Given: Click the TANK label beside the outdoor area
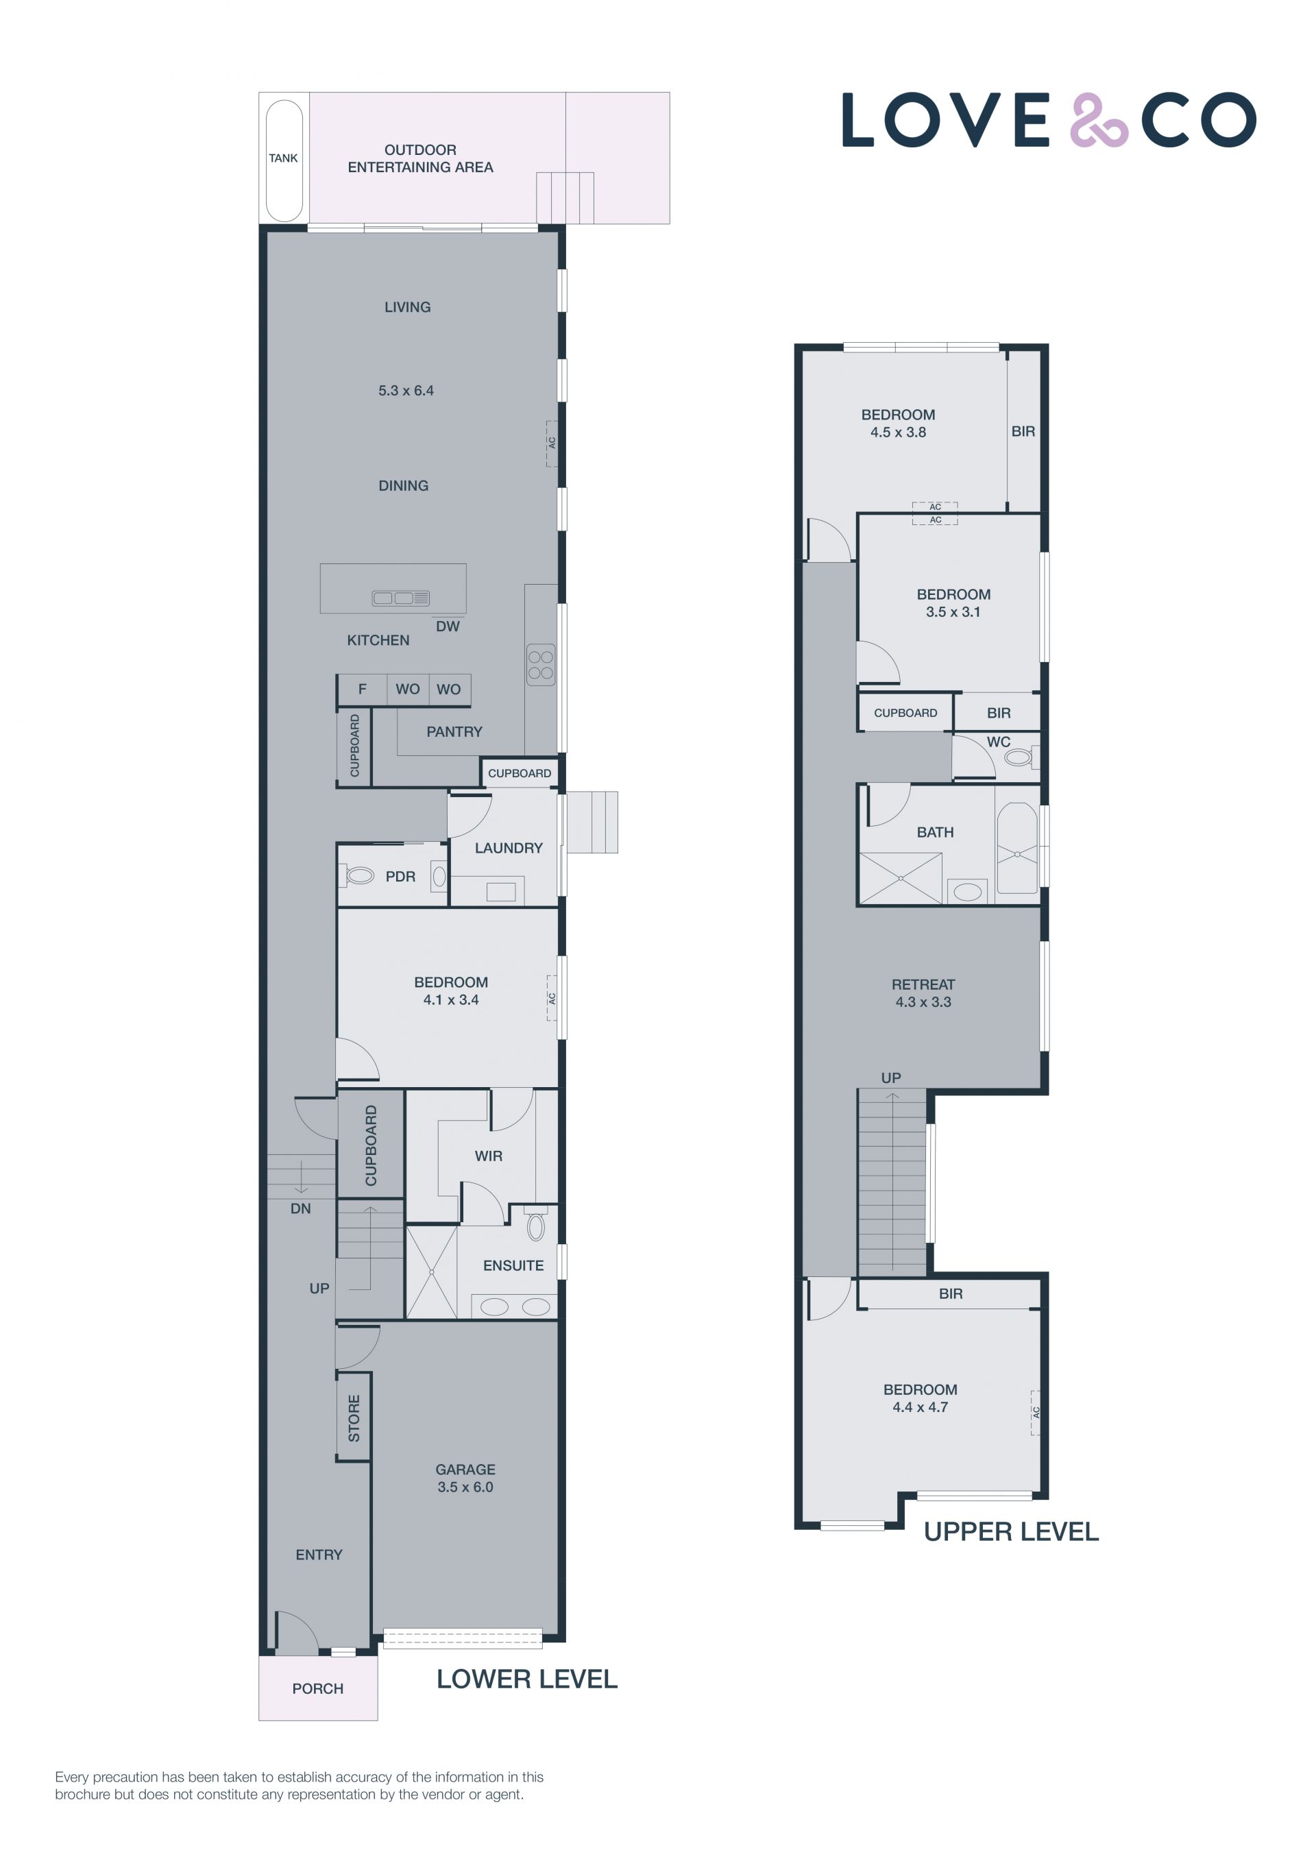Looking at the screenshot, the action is pos(283,158).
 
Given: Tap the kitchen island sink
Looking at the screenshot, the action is pos(400,598).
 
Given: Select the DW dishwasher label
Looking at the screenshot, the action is pos(448,626).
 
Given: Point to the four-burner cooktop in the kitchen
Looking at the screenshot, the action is pos(541,661).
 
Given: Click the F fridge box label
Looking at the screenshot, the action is pos(362,689).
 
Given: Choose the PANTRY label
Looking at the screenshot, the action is pos(454,731).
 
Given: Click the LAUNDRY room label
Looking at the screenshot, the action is pos(508,848).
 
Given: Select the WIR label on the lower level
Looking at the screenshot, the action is pos(488,1156).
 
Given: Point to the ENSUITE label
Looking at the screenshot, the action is pos(513,1265).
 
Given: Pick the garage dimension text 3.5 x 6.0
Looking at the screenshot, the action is pos(465,1487).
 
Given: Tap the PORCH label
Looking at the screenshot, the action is pos(317,1688).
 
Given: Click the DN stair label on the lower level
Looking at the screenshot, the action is pos(301,1208).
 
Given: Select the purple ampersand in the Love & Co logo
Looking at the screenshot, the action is pos(1099,120).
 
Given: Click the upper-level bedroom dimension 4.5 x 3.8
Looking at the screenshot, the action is pos(898,432).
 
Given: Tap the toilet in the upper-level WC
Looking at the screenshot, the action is pos(1019,758).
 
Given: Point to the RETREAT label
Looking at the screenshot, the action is pos(923,984).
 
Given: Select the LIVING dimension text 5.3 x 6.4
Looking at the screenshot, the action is pos(406,390).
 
